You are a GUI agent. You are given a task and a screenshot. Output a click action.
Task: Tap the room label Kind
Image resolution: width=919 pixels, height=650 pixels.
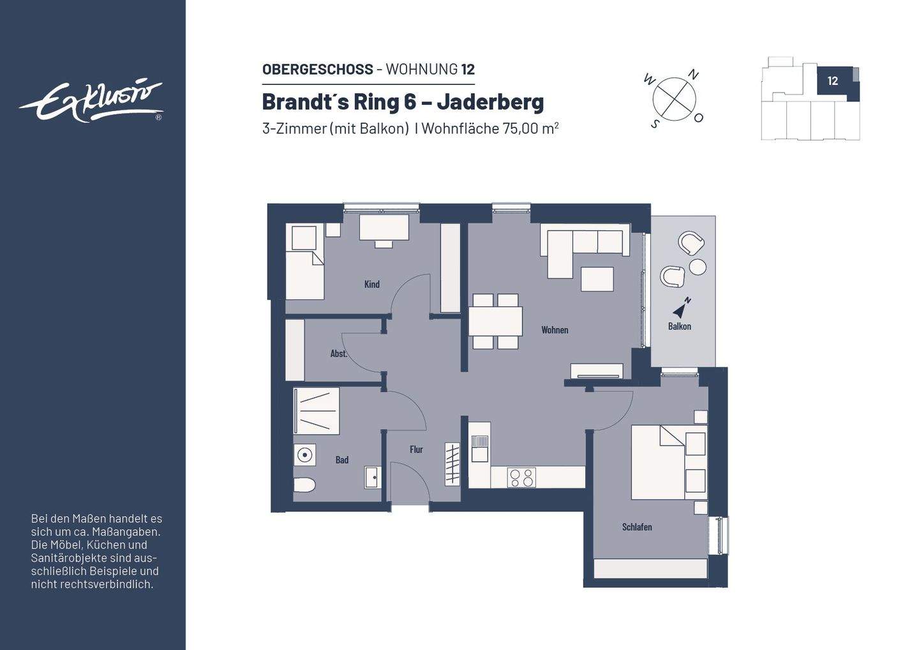pyautogui.click(x=371, y=284)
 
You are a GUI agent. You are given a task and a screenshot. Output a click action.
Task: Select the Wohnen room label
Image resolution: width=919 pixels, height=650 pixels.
pyautogui.click(x=554, y=330)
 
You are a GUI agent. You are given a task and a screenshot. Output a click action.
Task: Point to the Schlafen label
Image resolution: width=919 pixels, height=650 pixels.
pyautogui.click(x=636, y=527)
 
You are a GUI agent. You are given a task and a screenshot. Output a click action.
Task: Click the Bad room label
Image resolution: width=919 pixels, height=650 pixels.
pyautogui.click(x=342, y=460)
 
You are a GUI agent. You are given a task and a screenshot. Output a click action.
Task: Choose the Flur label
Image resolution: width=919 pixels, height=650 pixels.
pyautogui.click(x=416, y=450)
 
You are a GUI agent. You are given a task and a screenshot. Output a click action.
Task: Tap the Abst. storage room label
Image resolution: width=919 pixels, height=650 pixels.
pyautogui.click(x=338, y=354)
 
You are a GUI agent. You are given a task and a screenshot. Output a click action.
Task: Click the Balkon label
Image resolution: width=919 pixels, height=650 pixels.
pyautogui.click(x=679, y=326)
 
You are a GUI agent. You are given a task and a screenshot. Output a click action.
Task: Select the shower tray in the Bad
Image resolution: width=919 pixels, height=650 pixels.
pyautogui.click(x=316, y=411)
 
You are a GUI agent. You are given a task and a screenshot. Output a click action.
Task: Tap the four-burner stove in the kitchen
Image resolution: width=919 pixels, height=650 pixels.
pyautogui.click(x=521, y=478)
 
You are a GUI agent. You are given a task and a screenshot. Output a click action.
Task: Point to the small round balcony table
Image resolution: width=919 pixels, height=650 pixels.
pyautogui.click(x=698, y=266)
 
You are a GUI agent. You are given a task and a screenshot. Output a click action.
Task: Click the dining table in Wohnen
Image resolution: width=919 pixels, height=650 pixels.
pyautogui.click(x=495, y=321)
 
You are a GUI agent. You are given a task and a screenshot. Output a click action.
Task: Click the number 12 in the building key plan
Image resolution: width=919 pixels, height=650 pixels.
pyautogui.click(x=832, y=81)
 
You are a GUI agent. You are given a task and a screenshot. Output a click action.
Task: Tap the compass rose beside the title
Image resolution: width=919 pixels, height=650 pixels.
pyautogui.click(x=674, y=99)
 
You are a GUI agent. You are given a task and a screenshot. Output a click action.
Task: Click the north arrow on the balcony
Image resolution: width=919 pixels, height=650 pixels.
pyautogui.click(x=681, y=308)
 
